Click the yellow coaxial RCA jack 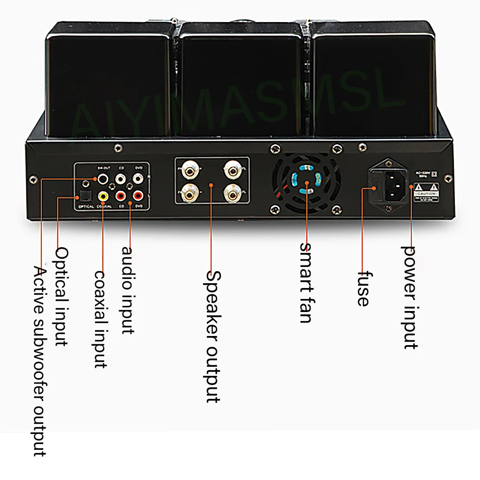pos(103,196)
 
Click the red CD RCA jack pos(120,196)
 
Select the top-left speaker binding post pos(189,170)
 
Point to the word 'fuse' pos(363,288)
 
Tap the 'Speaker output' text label pos(213,336)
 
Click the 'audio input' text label pos(127,290)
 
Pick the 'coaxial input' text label pos(100,319)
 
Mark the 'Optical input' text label pos(61,296)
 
